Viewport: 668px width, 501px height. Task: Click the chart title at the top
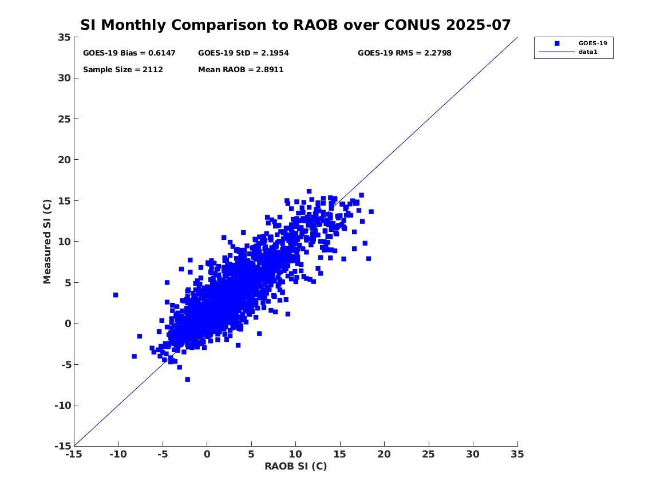[x=295, y=25]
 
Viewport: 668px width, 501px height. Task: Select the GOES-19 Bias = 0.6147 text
[x=129, y=53]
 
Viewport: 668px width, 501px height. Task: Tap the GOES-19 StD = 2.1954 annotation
[x=243, y=53]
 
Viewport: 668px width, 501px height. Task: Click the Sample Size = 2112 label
[x=123, y=70]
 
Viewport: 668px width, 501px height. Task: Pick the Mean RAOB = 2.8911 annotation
[x=241, y=70]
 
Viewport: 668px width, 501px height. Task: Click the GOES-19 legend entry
[x=592, y=43]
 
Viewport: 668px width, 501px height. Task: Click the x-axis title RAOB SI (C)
[x=295, y=466]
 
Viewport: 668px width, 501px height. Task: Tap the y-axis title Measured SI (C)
[x=48, y=241]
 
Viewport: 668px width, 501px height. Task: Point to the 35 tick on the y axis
[x=64, y=37]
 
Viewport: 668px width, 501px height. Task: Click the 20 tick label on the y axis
[x=64, y=160]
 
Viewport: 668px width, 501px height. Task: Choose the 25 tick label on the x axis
[x=429, y=454]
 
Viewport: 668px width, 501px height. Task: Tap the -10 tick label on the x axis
[x=117, y=454]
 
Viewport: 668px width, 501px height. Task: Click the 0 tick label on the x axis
[x=207, y=454]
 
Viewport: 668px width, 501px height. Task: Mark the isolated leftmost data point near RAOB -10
[x=116, y=295]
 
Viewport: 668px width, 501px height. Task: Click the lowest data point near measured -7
[x=187, y=380]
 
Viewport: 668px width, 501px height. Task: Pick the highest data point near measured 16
[x=309, y=191]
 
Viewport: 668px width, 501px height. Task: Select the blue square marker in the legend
[x=556, y=43]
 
